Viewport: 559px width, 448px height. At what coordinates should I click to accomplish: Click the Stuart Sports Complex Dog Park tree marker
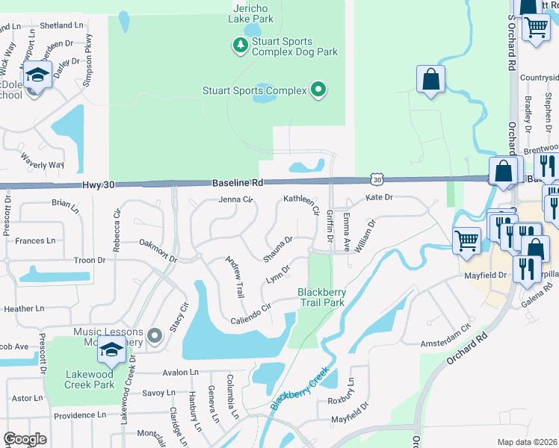tap(240, 46)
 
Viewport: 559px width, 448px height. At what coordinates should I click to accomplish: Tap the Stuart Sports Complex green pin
tap(318, 90)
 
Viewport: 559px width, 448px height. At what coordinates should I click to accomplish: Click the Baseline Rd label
tap(238, 182)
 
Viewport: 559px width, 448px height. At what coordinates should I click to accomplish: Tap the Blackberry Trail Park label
tap(321, 297)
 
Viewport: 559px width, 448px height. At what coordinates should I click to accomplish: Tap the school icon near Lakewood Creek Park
tap(111, 349)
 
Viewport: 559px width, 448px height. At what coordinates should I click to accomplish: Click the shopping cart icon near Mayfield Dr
tap(466, 240)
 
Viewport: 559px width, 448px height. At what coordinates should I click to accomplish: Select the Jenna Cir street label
tap(237, 199)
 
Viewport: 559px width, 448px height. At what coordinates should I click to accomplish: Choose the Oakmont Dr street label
tap(158, 251)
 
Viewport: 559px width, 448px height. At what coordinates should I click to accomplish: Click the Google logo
tap(25, 439)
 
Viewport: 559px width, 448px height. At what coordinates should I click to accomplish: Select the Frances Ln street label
tap(35, 240)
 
